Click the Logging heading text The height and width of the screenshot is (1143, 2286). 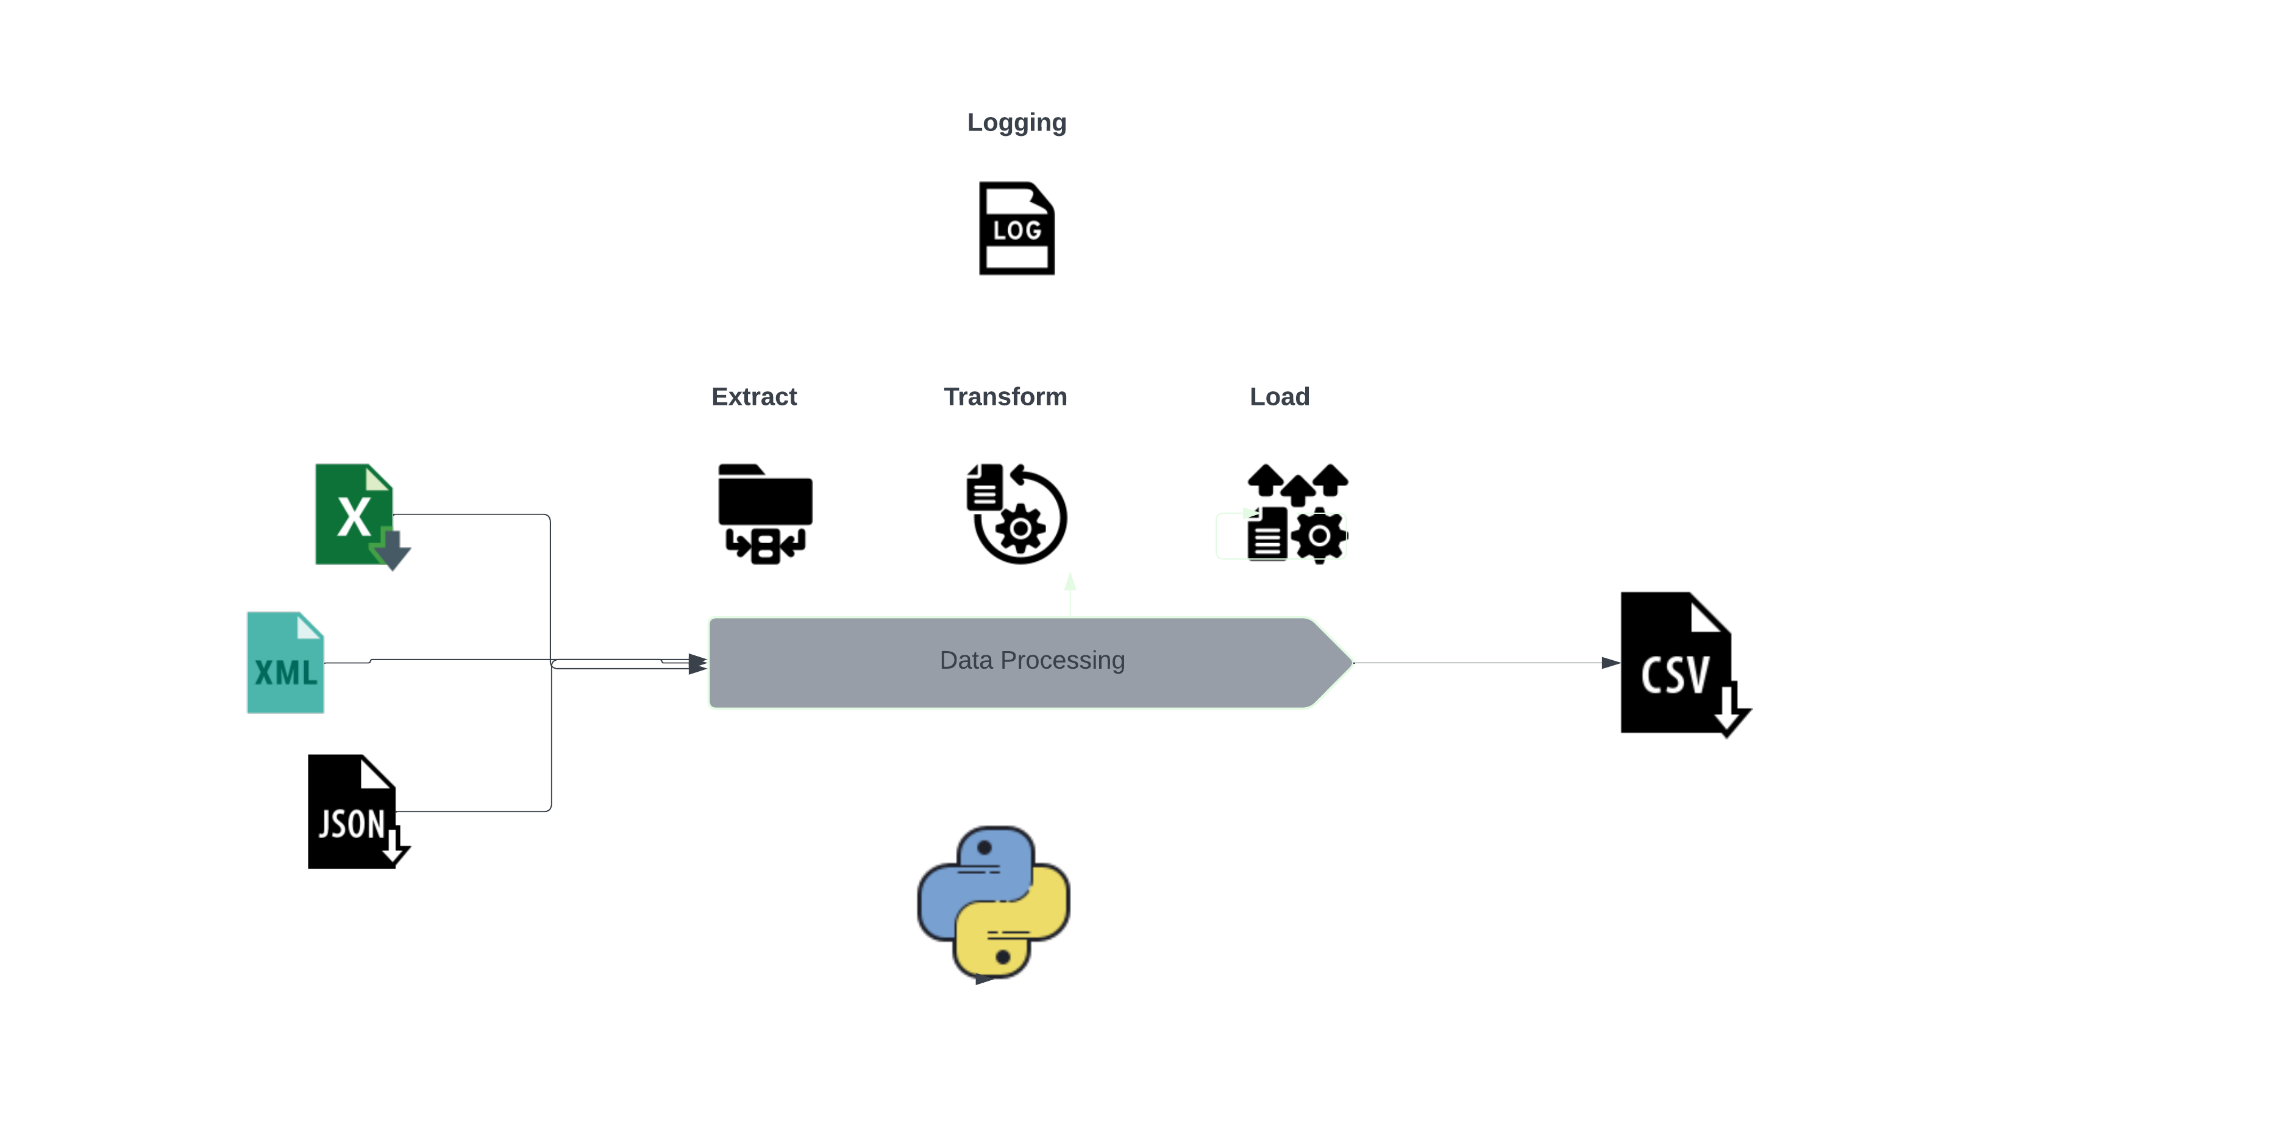tap(1016, 123)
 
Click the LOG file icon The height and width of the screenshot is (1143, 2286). tap(1016, 229)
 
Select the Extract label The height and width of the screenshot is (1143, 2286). tap(753, 397)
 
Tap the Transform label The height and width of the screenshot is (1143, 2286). tap(1005, 397)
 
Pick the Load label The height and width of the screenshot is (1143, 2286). tap(1279, 397)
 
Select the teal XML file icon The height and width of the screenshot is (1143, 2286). tap(285, 663)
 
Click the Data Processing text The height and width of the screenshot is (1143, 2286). tap(1031, 660)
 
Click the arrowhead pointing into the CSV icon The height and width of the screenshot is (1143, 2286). tap(1610, 663)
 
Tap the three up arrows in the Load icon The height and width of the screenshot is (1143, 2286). tap(1297, 482)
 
